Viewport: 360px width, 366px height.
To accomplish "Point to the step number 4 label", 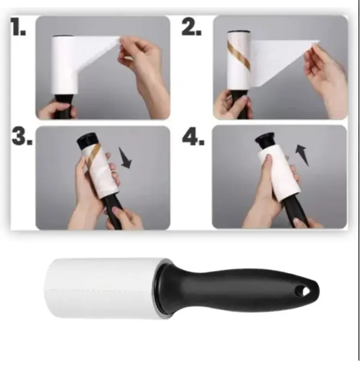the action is point(193,137).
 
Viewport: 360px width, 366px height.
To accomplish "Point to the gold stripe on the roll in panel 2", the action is point(238,56).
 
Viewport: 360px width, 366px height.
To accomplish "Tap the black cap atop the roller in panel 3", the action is point(87,141).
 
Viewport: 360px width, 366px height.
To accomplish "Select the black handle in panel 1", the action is point(63,105).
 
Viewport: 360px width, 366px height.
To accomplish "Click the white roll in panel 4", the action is point(278,172).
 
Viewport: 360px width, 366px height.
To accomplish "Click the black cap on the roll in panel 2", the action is point(239,31).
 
